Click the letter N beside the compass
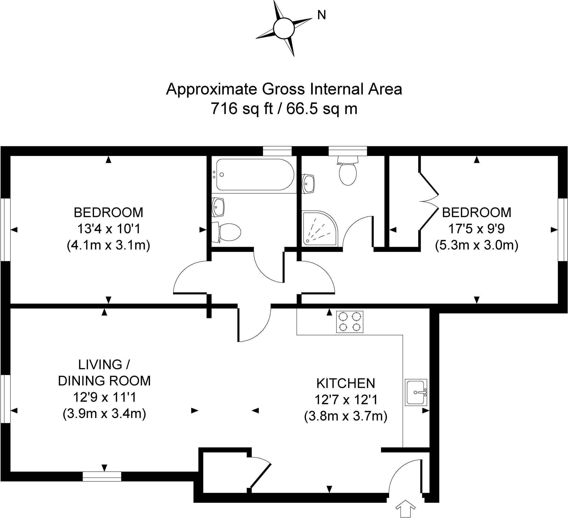tap(321, 15)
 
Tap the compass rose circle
tap(284, 28)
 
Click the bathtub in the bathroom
tap(255, 175)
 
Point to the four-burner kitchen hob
tap(350, 322)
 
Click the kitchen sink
tap(416, 392)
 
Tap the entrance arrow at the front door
tap(405, 507)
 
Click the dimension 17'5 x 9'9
tap(476, 229)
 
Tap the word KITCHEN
tap(346, 383)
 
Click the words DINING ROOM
tap(104, 381)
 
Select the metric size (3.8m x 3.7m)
tap(346, 416)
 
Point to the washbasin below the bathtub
tap(217, 207)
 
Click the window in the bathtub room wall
tap(277, 151)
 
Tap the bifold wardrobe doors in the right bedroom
tap(429, 201)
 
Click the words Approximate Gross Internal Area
tap(284, 89)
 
